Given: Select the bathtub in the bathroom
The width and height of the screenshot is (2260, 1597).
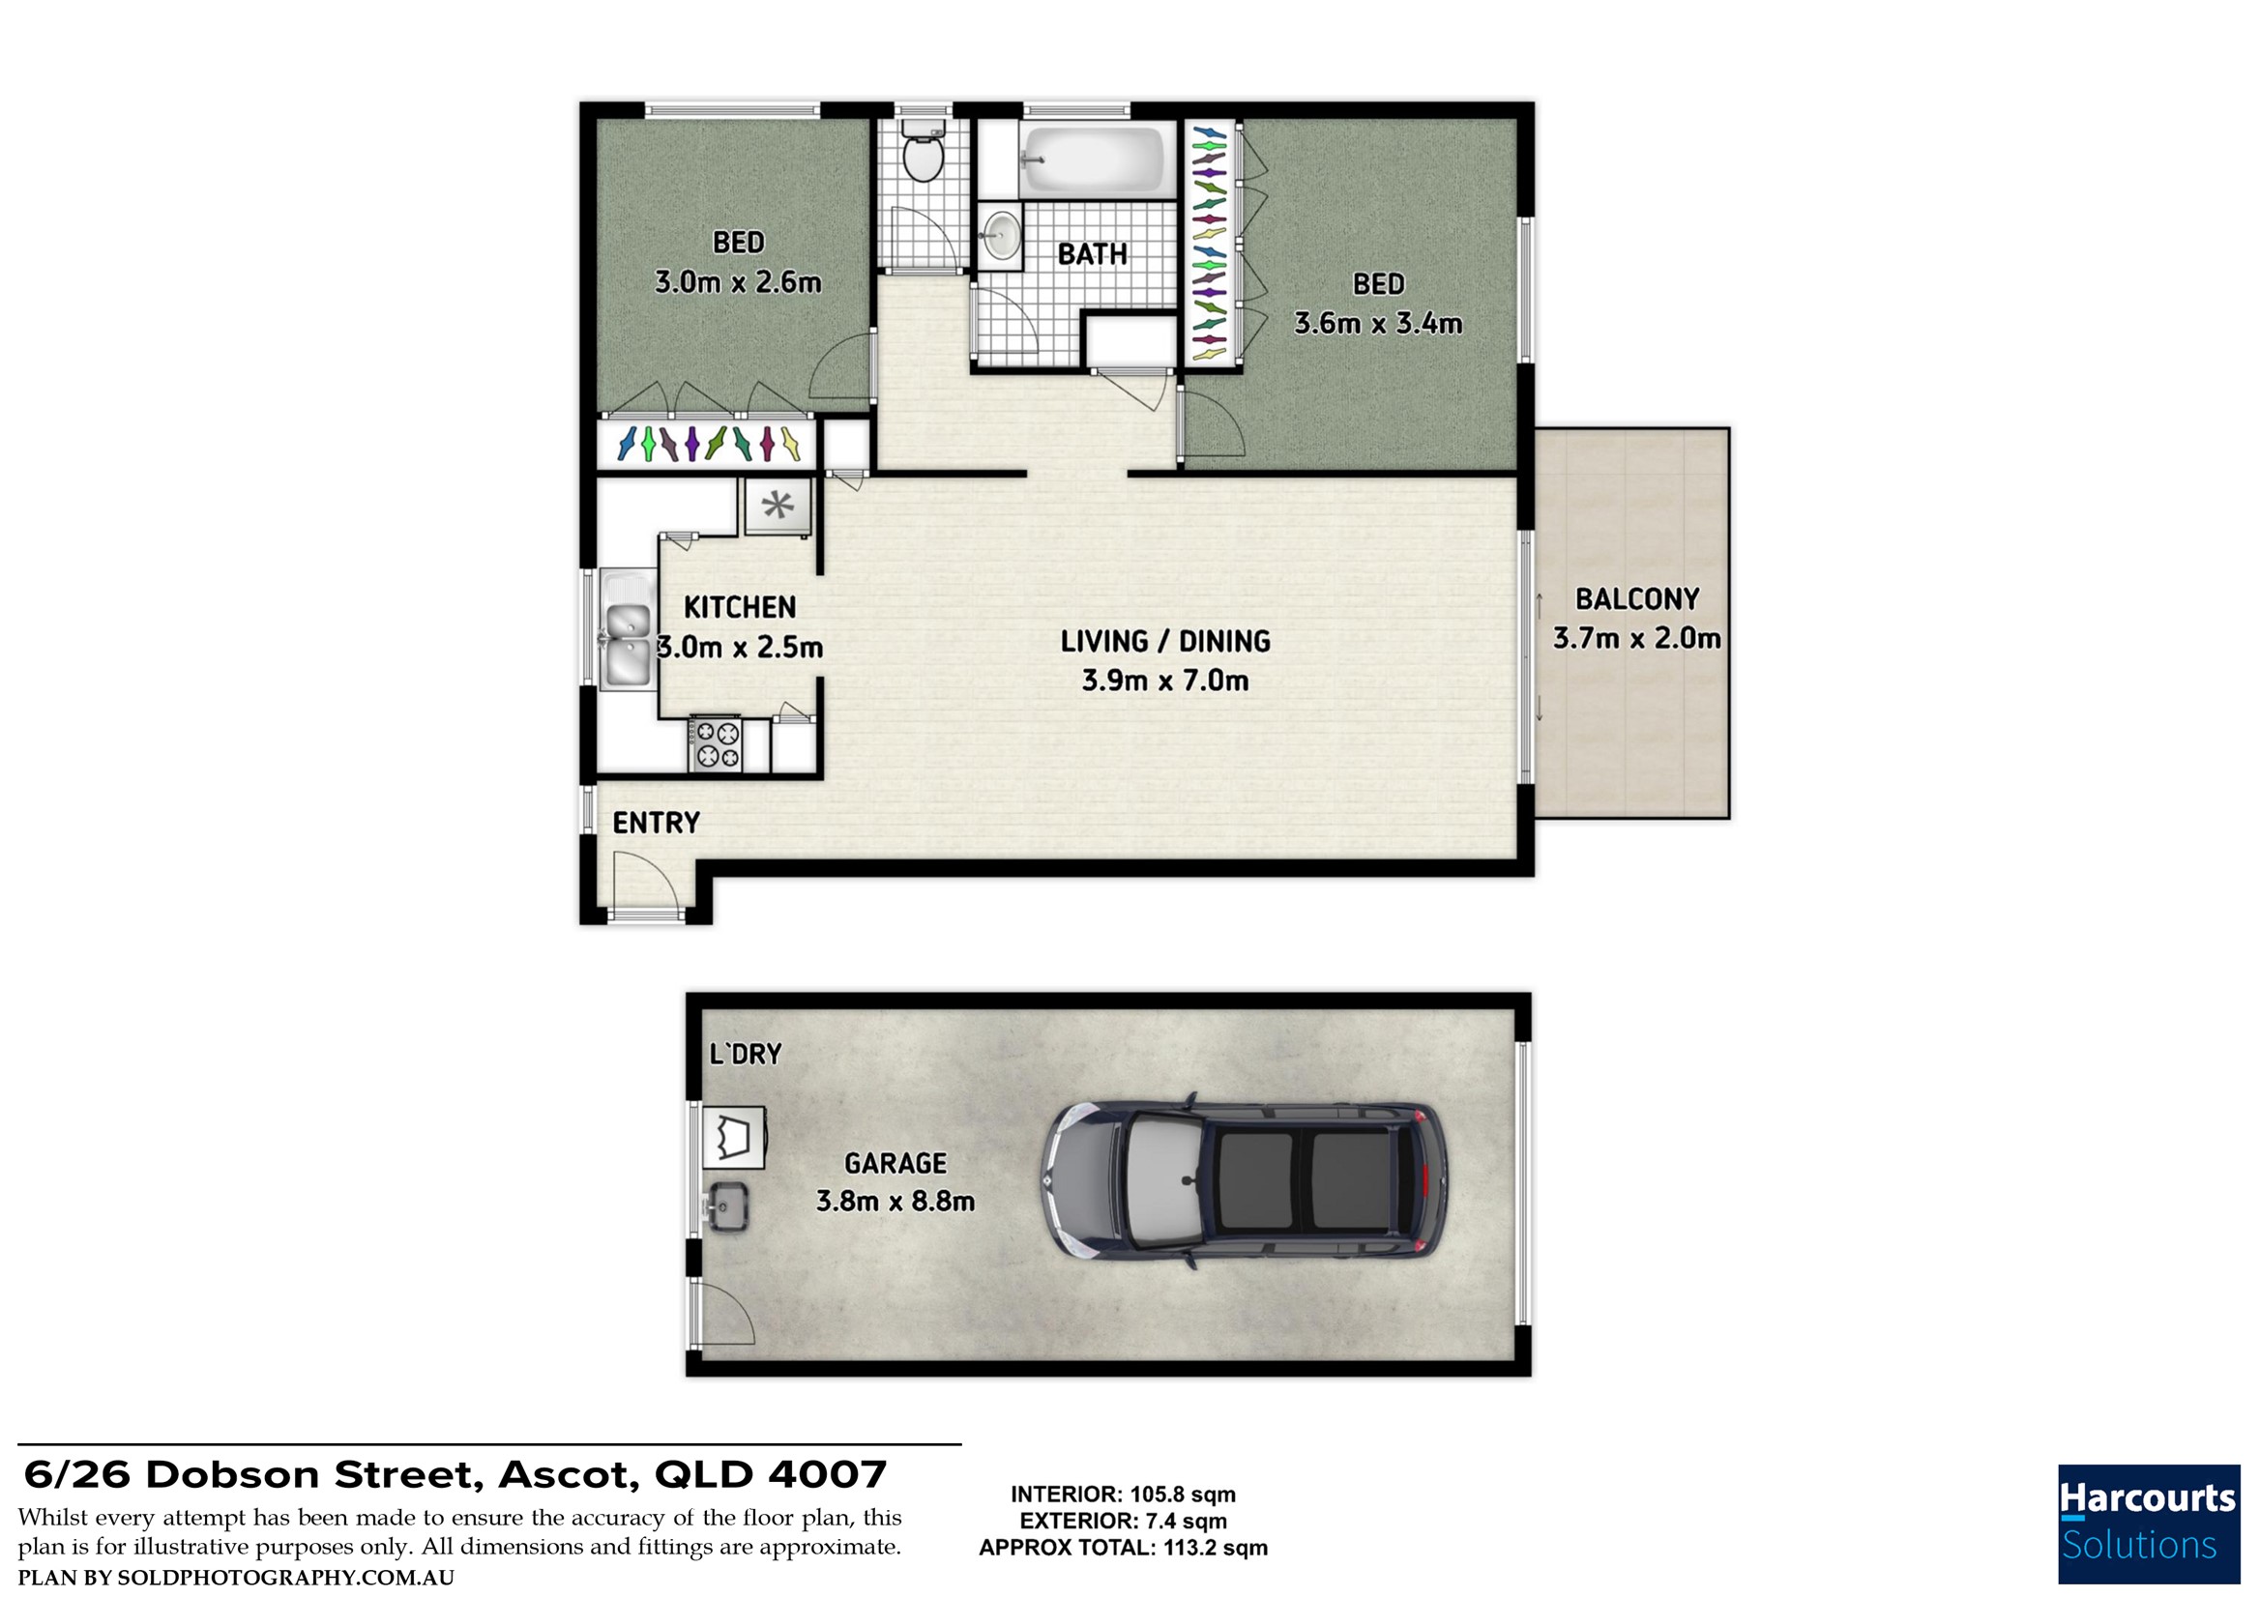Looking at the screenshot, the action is [x=1092, y=160].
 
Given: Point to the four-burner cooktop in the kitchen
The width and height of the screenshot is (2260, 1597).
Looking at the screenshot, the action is [x=716, y=744].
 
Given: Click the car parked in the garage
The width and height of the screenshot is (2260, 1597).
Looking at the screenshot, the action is [x=1245, y=1180].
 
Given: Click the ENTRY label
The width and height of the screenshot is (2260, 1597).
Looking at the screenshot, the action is [x=657, y=823].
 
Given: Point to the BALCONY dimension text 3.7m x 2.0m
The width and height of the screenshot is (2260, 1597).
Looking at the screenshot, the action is [x=1637, y=639].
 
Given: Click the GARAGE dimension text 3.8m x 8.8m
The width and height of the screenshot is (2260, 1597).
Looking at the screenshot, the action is [x=895, y=1202].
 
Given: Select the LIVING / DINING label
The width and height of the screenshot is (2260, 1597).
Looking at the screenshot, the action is [x=1165, y=642].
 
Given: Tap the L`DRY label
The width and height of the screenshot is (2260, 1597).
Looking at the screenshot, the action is [x=746, y=1054].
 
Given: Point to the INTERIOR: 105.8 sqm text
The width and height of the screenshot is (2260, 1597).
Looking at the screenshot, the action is [x=1123, y=1495].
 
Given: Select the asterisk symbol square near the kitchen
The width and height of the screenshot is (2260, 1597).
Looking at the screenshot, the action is [x=778, y=507].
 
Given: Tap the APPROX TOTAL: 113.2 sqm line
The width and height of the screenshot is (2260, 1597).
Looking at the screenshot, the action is [x=1123, y=1548].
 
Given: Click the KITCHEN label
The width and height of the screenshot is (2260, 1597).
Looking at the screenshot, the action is [x=739, y=608].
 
